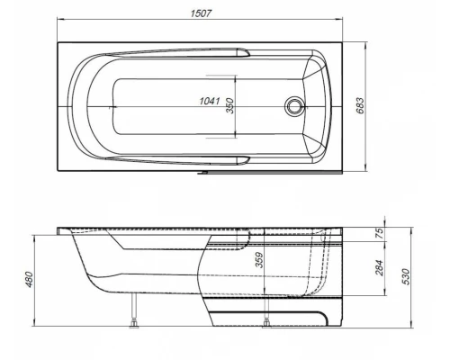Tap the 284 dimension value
click(x=379, y=267)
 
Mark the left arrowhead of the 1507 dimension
click(x=60, y=22)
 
